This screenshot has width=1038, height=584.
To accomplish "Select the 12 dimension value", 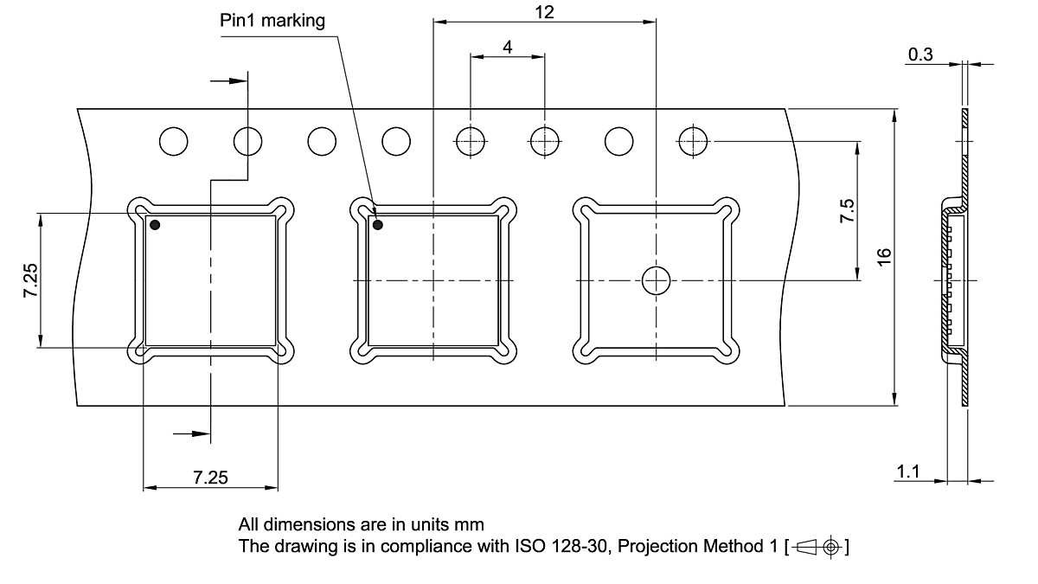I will click(544, 11).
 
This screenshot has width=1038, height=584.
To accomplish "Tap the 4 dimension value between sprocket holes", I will click(508, 48).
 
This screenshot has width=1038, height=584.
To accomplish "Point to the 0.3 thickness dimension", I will click(920, 55).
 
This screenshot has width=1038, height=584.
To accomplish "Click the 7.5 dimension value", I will click(848, 211).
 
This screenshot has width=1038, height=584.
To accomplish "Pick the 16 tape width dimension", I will click(883, 257).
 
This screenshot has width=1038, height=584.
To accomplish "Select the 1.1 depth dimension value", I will click(907, 472).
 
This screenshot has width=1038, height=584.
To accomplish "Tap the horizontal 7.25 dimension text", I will click(210, 478).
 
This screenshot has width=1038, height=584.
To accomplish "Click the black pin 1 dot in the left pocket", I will click(155, 225).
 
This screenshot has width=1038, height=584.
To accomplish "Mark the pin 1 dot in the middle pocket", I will click(378, 225).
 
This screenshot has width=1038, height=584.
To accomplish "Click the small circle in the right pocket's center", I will click(656, 279).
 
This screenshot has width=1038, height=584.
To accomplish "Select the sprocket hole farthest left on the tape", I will click(173, 140).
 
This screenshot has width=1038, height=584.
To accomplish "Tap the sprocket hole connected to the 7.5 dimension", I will click(694, 140).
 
